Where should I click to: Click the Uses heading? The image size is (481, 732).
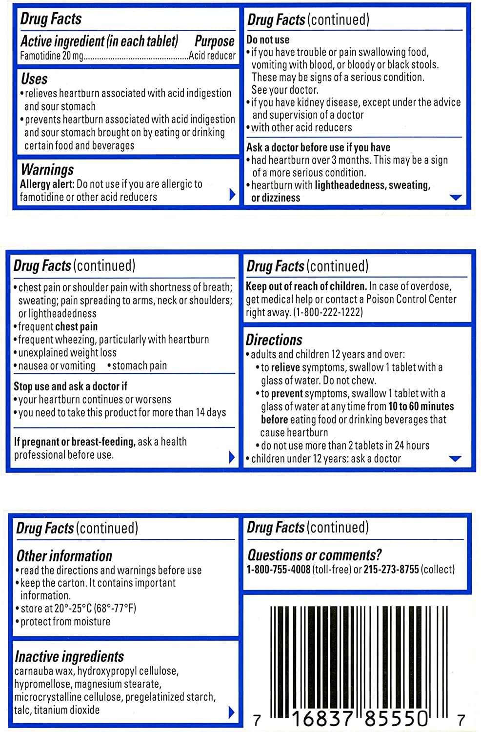(34, 79)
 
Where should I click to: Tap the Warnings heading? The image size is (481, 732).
(47, 169)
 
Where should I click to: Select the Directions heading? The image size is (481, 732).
(274, 340)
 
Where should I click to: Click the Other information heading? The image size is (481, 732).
(64, 556)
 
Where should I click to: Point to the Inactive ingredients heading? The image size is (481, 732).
(69, 656)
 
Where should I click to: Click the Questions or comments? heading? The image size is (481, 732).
(314, 555)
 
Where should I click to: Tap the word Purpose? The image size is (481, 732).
(214, 41)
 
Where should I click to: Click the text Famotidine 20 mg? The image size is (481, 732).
(52, 56)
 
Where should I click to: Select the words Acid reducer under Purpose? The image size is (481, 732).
(212, 56)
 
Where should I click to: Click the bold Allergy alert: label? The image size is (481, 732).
(47, 184)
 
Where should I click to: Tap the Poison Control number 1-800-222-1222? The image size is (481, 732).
(328, 312)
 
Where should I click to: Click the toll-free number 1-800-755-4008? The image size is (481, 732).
(278, 569)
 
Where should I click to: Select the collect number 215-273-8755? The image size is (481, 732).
(391, 569)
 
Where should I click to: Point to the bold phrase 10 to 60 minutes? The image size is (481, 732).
(421, 407)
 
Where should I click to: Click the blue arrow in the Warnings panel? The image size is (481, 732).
(232, 195)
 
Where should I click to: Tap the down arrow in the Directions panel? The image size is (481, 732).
(455, 459)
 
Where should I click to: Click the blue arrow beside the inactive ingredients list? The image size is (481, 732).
(232, 712)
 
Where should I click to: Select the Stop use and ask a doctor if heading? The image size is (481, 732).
(70, 386)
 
